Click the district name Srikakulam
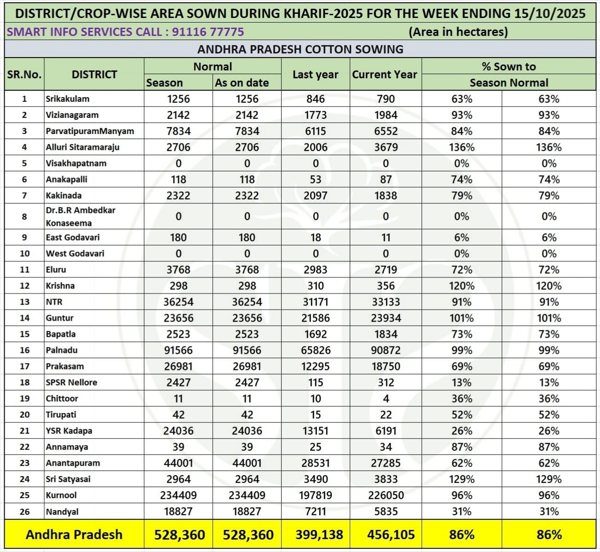click(x=67, y=99)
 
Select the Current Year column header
click(x=384, y=74)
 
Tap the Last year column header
click(x=315, y=74)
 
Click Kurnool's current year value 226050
click(x=385, y=495)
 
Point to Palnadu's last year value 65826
click(x=315, y=350)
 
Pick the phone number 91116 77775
click(x=208, y=32)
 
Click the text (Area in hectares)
click(x=458, y=32)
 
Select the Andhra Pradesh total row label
click(x=74, y=534)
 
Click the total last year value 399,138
click(x=318, y=534)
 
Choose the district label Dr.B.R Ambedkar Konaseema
click(x=80, y=217)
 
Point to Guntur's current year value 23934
click(x=385, y=318)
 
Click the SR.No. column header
click(x=24, y=74)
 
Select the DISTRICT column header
click(x=94, y=74)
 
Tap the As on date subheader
click(x=241, y=83)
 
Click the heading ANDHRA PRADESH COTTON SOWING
click(x=300, y=49)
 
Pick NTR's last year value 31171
click(x=315, y=302)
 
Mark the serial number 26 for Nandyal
click(x=24, y=511)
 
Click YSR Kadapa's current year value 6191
click(x=385, y=431)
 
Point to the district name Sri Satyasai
click(x=68, y=479)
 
